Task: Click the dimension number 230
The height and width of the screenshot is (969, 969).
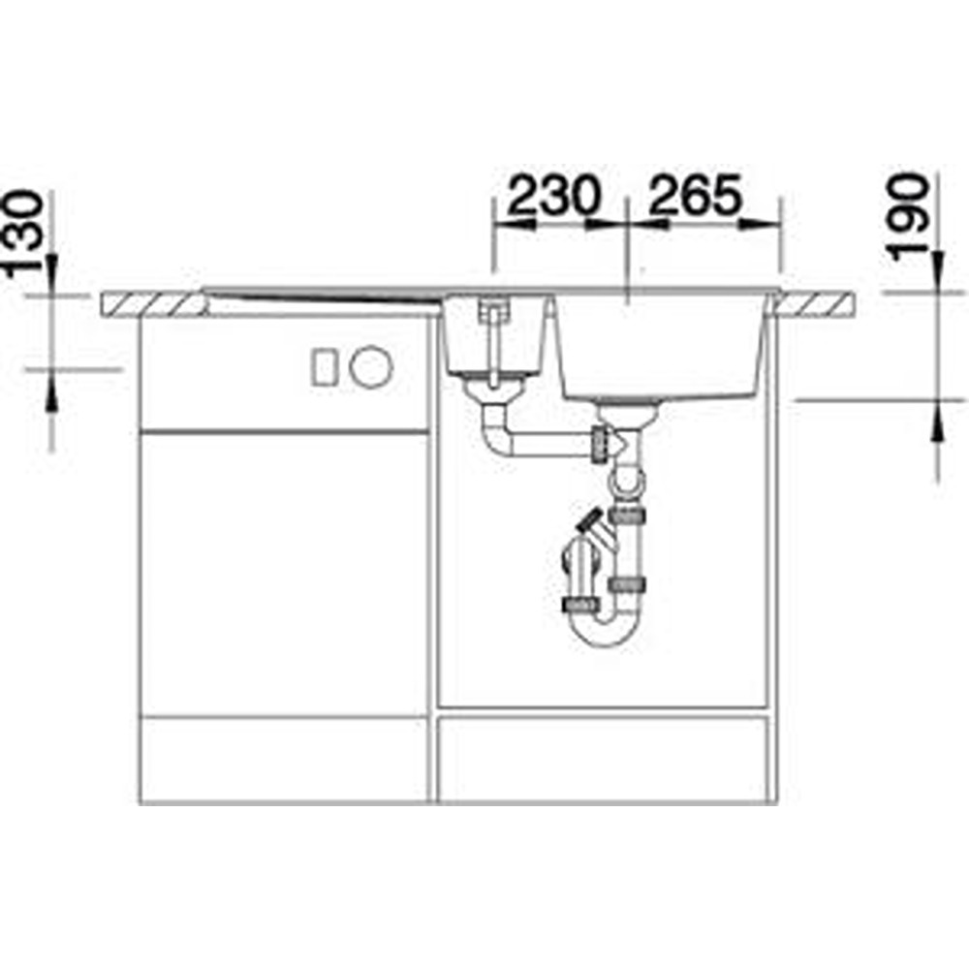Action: coord(553,195)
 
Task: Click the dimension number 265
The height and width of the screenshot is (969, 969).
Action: coord(695,195)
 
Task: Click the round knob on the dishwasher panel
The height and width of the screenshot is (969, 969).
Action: coord(371,366)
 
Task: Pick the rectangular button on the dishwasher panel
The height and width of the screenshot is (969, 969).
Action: coord(324,367)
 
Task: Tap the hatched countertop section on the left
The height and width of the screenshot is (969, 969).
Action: coord(154,304)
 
